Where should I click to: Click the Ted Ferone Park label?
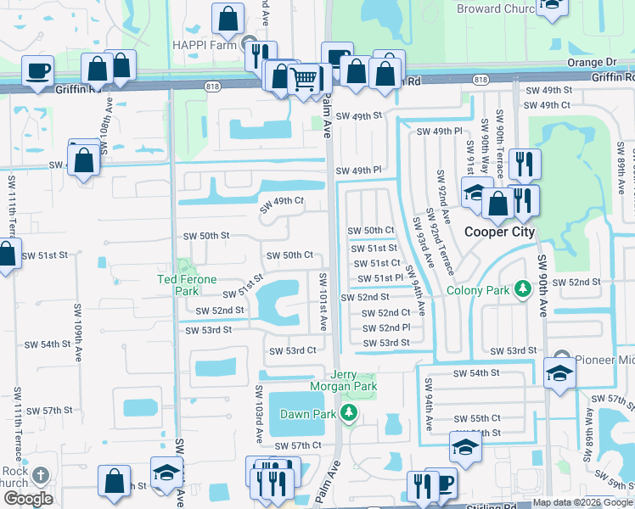point(187,284)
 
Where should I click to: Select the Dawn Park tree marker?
point(348,413)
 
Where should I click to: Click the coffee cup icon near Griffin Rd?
point(37,71)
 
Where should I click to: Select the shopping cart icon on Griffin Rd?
point(303,81)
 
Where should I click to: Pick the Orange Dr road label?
point(592,62)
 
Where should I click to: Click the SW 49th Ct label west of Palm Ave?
point(282,200)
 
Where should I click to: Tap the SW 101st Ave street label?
point(323,302)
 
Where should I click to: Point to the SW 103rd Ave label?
point(259,413)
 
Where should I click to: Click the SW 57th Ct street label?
point(298,445)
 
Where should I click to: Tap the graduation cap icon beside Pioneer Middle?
point(559,373)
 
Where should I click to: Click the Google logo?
point(28,499)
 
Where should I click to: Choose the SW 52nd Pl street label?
point(386,327)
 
